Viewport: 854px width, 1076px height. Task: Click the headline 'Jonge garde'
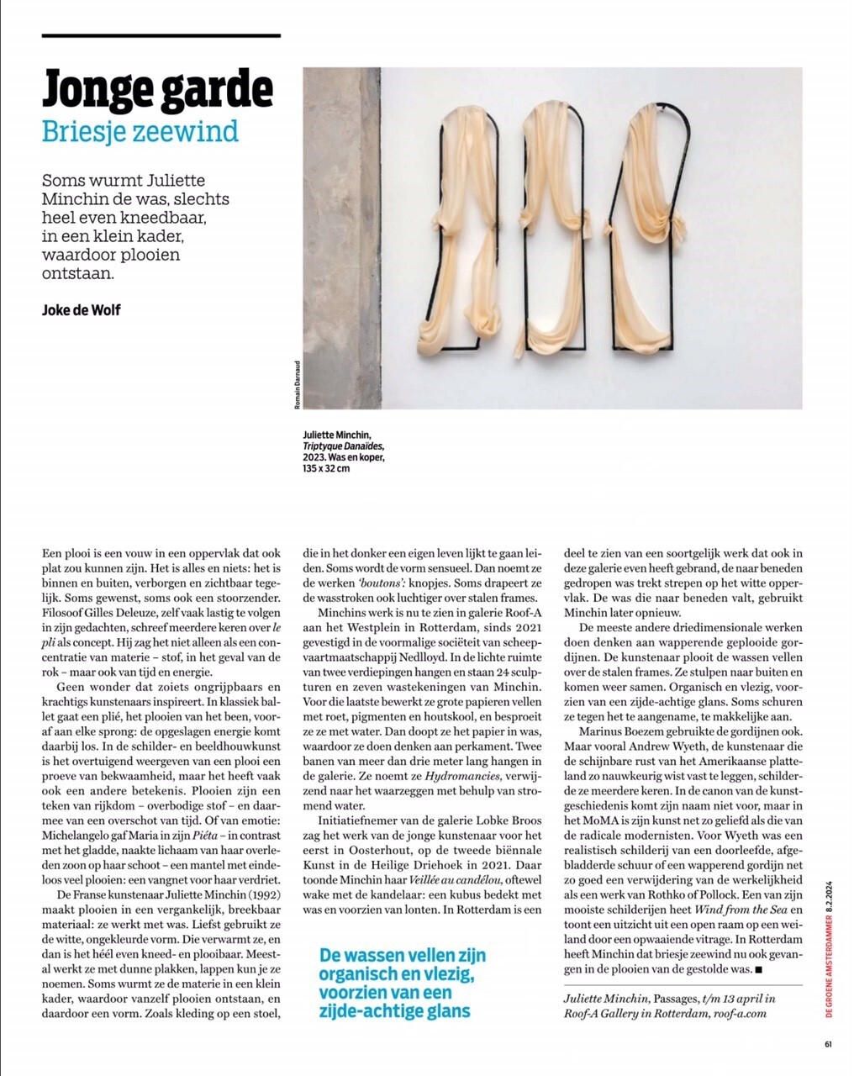coord(157,88)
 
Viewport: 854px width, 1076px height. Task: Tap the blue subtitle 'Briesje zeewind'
coord(140,131)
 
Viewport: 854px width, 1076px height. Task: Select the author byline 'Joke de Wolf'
coord(81,310)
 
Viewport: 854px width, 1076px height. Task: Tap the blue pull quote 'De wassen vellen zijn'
coord(403,956)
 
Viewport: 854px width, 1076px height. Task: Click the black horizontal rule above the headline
coord(161,36)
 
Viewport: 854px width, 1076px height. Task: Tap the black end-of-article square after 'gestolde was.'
coord(758,970)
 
